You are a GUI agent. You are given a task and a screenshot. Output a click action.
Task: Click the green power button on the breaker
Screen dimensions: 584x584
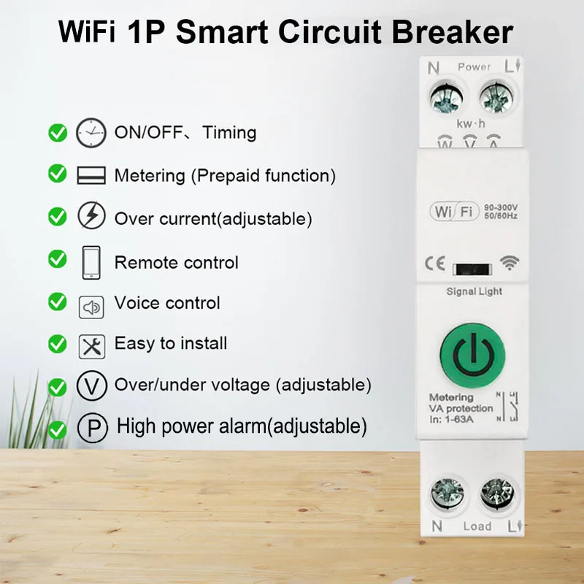point(472,354)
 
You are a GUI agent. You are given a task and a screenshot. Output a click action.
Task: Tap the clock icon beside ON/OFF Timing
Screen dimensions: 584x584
point(91,132)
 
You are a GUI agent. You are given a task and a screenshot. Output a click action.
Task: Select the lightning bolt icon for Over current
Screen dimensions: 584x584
point(91,217)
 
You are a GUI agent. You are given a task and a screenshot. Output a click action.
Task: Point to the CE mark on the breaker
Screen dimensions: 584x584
point(434,264)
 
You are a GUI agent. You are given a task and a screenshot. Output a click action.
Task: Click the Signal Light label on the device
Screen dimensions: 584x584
point(474,291)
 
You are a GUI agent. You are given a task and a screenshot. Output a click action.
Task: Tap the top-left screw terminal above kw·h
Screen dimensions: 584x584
point(444,97)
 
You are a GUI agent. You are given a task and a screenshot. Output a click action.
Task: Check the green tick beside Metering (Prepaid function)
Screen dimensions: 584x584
point(57,174)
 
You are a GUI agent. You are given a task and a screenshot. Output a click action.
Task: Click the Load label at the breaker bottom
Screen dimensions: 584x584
point(477,526)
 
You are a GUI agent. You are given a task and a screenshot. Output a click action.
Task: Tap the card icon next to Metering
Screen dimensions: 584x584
point(91,175)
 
